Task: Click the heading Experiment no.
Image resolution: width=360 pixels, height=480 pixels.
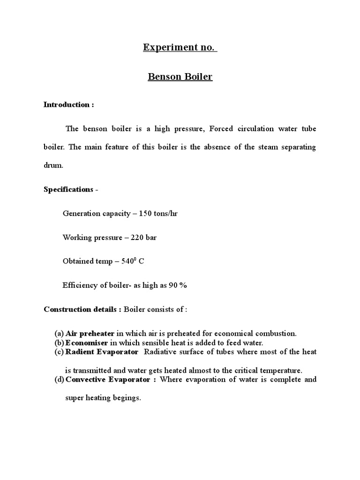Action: pos(180,48)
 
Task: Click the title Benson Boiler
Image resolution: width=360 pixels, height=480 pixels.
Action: pos(180,77)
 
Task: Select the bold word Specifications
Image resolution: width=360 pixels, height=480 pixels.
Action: pos(68,189)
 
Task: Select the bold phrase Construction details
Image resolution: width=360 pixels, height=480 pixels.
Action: pos(82,309)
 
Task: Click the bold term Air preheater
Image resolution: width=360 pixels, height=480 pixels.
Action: pos(90,334)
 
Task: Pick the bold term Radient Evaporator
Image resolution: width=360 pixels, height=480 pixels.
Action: pos(102,352)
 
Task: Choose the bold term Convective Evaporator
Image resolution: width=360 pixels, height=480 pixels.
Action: pos(111,379)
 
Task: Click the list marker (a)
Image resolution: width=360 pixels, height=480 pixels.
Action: pos(59,334)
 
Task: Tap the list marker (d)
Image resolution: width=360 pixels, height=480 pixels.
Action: pos(59,379)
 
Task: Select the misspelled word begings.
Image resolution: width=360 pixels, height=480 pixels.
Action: pos(128,398)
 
